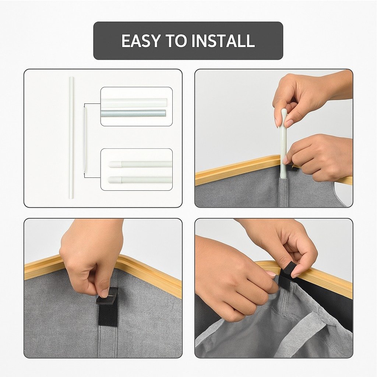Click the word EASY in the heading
(140, 40)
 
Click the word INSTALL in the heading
(223, 40)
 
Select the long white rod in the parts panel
(71, 138)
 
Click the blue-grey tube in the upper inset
(134, 113)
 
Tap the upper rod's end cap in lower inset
(115, 165)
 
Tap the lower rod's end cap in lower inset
(115, 180)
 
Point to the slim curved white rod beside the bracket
(85, 140)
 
